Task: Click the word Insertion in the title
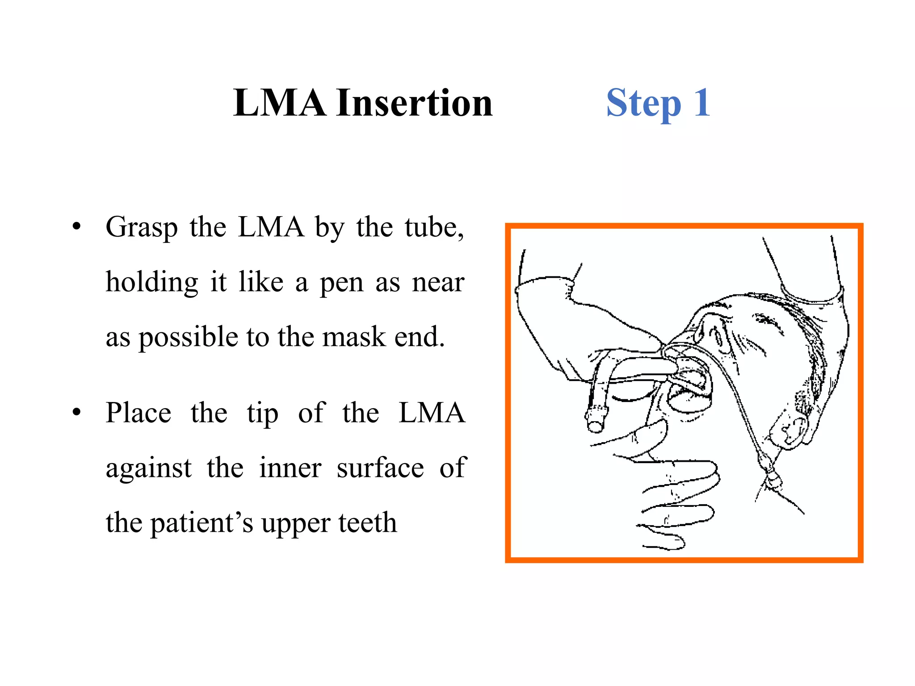[414, 103]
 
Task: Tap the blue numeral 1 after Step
[702, 103]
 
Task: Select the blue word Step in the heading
[643, 104]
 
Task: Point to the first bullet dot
[77, 227]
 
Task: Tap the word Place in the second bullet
[138, 413]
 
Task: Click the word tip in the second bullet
[263, 414]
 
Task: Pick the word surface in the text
[380, 468]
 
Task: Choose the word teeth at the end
[367, 523]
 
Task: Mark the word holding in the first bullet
[152, 283]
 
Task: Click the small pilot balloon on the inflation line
[772, 481]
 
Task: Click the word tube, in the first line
[434, 228]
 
